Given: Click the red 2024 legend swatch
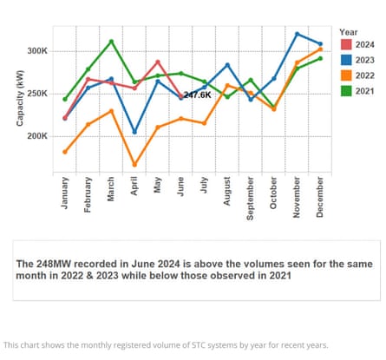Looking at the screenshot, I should tap(344, 43).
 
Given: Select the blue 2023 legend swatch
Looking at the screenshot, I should tap(344, 59).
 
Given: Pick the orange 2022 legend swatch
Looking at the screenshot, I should tap(344, 75).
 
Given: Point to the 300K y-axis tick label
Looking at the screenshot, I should tap(37, 51).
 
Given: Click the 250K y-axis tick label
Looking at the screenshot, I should tap(37, 94).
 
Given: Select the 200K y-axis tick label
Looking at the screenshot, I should tap(37, 136).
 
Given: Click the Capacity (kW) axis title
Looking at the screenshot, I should tap(19, 100).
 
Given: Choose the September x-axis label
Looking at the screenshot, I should tap(251, 198).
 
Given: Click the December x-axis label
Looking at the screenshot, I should tap(320, 196).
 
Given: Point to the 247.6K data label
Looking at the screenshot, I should tap(197, 95).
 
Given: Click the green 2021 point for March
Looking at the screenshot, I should tap(111, 42).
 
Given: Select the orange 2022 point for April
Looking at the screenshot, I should tap(134, 165).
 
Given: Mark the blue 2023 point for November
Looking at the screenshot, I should tap(297, 34).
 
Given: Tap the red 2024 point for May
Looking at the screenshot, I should tap(158, 62).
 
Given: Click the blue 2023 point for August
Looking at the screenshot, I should tap(227, 65).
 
